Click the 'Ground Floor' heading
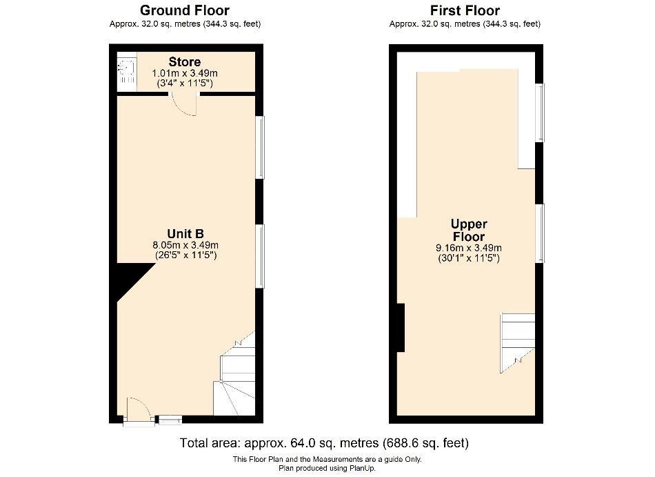click(x=185, y=10)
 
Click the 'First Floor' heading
click(x=465, y=10)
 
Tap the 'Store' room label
click(x=184, y=63)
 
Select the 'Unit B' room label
click(x=185, y=233)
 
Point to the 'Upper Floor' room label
click(x=469, y=231)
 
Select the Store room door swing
click(x=185, y=104)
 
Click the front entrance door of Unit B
click(x=138, y=411)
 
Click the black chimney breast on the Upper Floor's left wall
click(x=401, y=328)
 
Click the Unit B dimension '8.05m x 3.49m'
click(x=185, y=244)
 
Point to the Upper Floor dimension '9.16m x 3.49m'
click(x=469, y=248)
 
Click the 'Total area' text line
click(x=324, y=442)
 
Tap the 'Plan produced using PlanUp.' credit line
click(x=327, y=467)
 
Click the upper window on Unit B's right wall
click(x=261, y=147)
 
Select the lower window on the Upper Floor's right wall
click(x=541, y=233)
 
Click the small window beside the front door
click(x=170, y=418)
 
